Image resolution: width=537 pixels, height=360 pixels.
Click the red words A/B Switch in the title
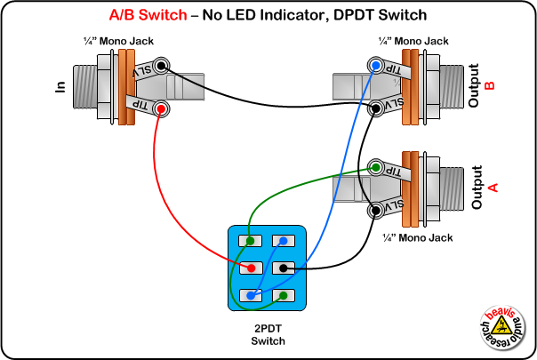(147, 15)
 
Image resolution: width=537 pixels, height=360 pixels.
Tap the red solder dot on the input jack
(161, 108)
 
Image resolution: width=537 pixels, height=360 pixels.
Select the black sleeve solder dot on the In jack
(161, 66)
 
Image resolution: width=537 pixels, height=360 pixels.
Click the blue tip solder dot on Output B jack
(377, 66)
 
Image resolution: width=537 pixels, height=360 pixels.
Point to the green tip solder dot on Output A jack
(377, 167)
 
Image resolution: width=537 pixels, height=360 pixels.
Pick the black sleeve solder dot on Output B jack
(377, 108)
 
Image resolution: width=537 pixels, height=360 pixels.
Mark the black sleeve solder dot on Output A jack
(377, 210)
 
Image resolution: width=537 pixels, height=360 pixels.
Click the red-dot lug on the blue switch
(252, 267)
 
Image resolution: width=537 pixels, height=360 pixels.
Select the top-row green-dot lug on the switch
(252, 240)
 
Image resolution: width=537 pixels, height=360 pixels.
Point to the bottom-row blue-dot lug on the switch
(252, 294)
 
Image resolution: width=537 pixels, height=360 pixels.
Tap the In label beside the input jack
(61, 87)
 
